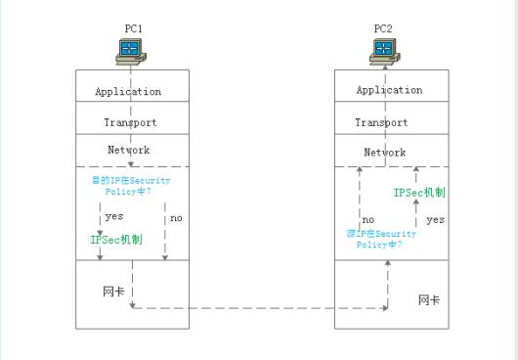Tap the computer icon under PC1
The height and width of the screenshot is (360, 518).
pos(130,51)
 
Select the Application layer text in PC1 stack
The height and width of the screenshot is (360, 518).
pos(128,92)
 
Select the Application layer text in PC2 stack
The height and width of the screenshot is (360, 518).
pos(389,90)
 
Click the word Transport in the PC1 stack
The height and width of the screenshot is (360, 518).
pos(130,123)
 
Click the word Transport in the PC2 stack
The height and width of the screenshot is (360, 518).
pos(381,123)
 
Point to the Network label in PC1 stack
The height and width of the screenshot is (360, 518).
pos(128,151)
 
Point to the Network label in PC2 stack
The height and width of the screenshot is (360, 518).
pos(384,153)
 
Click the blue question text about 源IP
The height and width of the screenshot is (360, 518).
pos(381,240)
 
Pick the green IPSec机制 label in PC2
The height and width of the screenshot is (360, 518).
pos(419,194)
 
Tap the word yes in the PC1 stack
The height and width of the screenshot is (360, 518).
pos(114,217)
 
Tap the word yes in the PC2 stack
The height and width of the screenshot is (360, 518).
pos(435,220)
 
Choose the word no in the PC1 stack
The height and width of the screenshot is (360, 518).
pos(176,217)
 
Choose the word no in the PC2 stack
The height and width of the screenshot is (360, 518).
pos(368,220)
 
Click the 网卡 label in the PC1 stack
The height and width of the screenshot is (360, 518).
pos(112,292)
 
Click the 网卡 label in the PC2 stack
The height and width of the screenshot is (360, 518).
pos(428,299)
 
